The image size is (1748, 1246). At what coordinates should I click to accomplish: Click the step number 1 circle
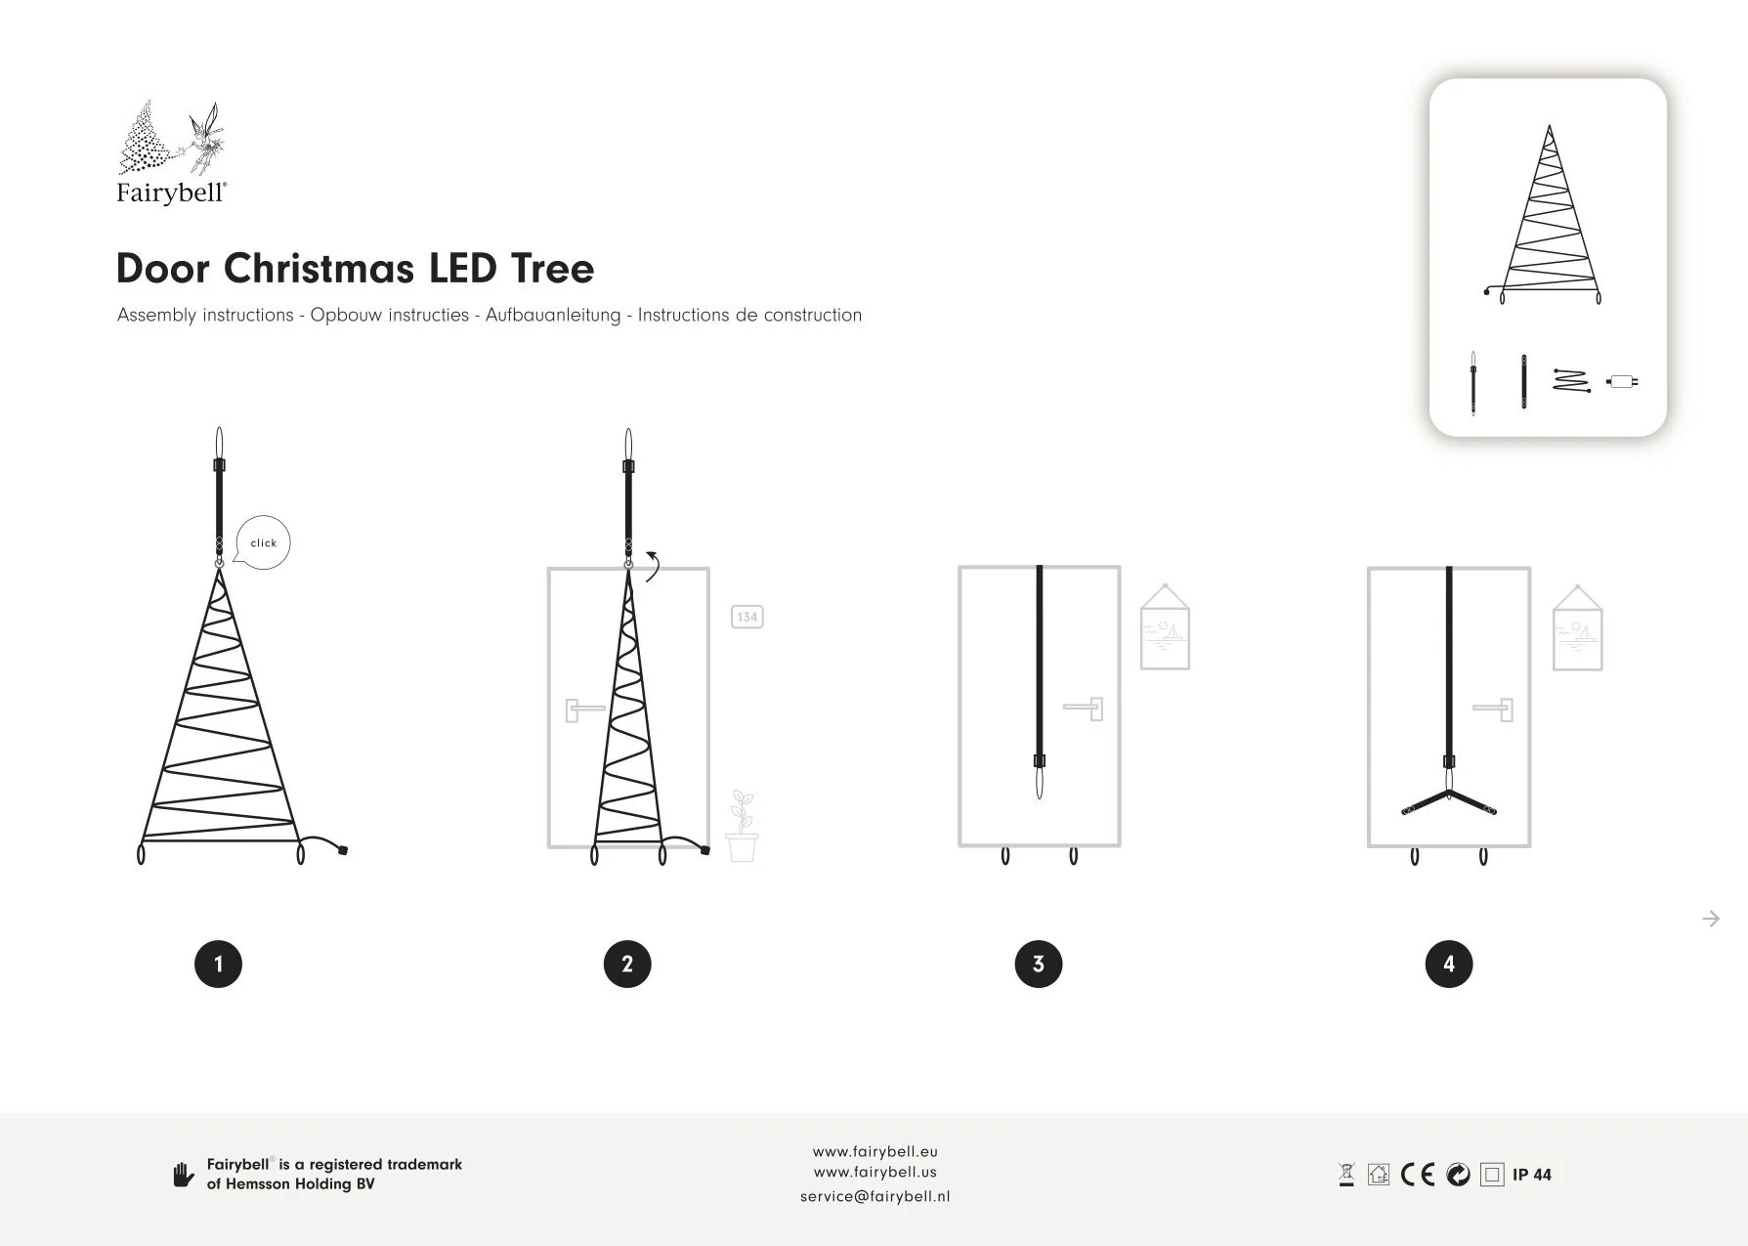point(218,964)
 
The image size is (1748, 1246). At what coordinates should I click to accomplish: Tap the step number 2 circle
point(627,964)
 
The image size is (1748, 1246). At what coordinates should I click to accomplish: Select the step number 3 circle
point(1039,964)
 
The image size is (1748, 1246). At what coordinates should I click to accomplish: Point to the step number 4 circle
point(1449,964)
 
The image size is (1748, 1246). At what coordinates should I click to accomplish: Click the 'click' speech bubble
point(263,542)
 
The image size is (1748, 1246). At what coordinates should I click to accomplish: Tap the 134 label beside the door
point(746,617)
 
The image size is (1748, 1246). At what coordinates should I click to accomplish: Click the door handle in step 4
point(1493,709)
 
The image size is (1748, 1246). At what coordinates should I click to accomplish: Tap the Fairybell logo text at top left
point(172,193)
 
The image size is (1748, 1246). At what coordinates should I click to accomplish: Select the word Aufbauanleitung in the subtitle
point(553,316)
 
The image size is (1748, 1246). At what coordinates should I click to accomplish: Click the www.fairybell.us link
point(875,1173)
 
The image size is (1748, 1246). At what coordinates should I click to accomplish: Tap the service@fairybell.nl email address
point(875,1196)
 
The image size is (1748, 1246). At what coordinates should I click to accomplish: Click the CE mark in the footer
point(1418,1175)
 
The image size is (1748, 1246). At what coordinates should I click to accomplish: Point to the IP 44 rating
point(1532,1175)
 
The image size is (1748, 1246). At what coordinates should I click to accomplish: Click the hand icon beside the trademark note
point(183,1175)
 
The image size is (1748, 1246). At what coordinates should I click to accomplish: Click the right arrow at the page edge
point(1711,919)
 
